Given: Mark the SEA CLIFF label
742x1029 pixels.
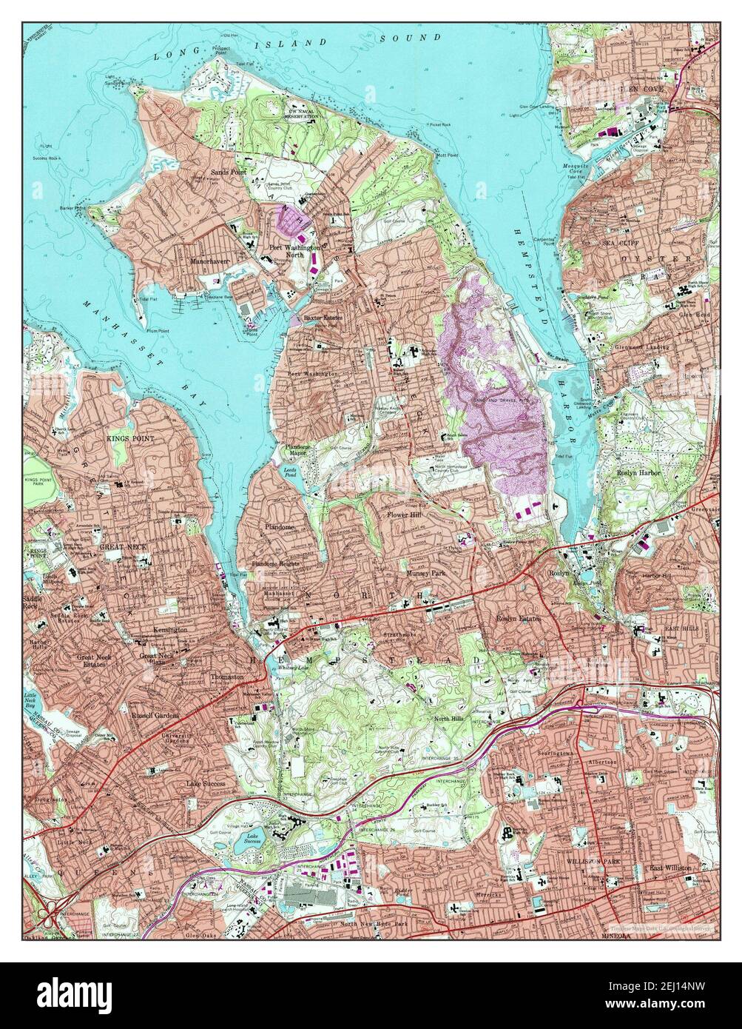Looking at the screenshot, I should [x=618, y=242].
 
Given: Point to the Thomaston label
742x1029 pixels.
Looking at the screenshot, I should [x=227, y=677].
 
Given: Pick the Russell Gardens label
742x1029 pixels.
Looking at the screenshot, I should [x=156, y=716].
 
